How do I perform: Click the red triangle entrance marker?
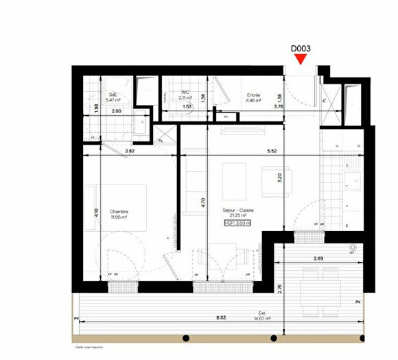tap(300, 60)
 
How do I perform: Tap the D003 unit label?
tap(301, 49)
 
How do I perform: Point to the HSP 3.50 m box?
tap(238, 223)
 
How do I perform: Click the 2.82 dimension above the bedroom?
tap(130, 149)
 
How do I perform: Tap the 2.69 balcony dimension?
tap(319, 259)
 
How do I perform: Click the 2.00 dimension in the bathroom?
tap(116, 110)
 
